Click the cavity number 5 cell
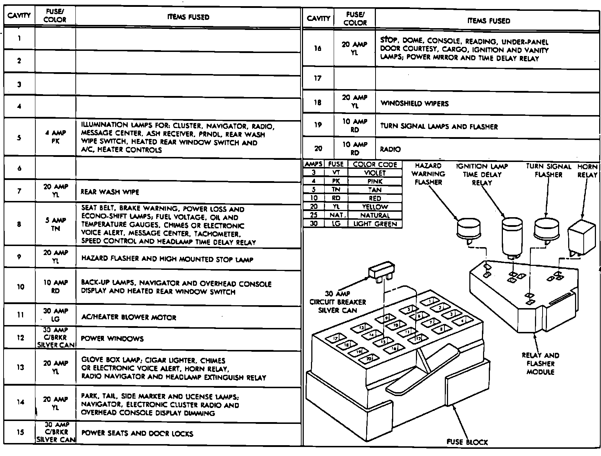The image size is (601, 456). click(x=19, y=137)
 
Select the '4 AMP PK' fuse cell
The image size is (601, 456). click(x=55, y=137)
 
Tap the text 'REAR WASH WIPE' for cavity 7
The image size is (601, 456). click(x=110, y=192)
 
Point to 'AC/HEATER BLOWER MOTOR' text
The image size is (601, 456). click(x=128, y=317)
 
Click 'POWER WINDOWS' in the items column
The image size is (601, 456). click(x=112, y=338)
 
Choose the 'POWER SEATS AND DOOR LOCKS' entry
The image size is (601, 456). click(x=137, y=433)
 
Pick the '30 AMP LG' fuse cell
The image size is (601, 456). click(x=55, y=315)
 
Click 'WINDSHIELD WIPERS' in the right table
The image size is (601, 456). click(x=414, y=104)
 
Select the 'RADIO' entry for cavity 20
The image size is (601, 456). click(x=390, y=149)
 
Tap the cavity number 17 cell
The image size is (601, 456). click(x=317, y=78)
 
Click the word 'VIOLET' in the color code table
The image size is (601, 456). click(x=375, y=173)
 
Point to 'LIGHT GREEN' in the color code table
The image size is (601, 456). click(x=375, y=224)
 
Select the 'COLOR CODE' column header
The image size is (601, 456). click(x=375, y=165)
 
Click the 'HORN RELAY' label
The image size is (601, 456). click(x=587, y=171)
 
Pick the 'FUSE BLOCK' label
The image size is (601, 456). click(x=467, y=442)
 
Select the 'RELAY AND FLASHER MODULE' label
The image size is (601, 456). click(x=540, y=364)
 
